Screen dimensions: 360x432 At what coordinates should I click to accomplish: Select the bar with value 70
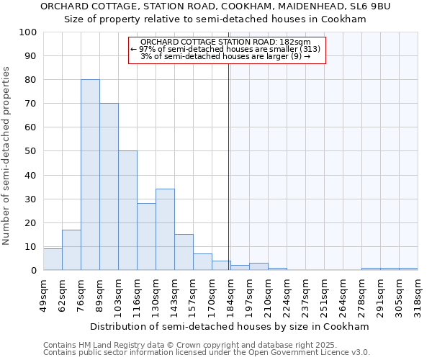(x=109, y=186)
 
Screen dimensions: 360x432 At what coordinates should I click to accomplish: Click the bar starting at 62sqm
(x=71, y=250)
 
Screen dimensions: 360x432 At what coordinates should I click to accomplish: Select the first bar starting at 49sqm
(x=53, y=259)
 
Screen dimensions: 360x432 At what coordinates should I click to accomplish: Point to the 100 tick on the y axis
(x=28, y=32)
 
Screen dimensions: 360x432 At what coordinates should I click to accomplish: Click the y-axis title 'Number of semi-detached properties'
(x=7, y=156)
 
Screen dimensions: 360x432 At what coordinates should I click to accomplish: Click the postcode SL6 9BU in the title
(x=369, y=6)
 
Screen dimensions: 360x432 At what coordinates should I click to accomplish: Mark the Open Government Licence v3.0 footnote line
(x=207, y=352)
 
